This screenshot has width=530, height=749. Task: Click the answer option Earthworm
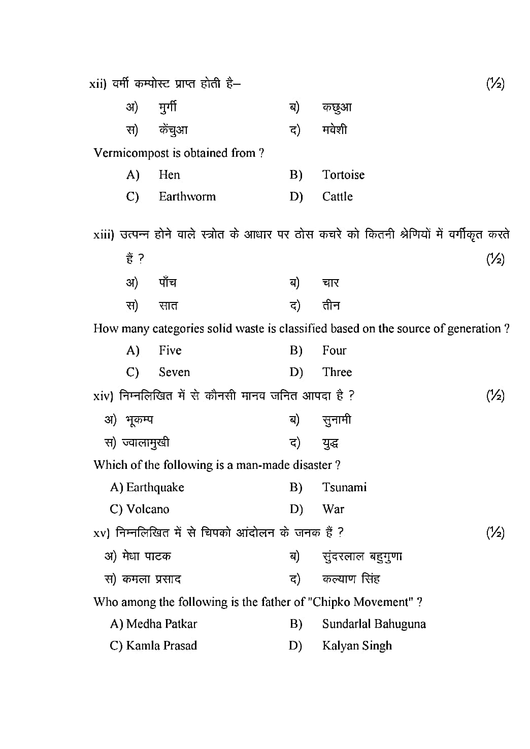[187, 197]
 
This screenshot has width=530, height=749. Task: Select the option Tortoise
[343, 175]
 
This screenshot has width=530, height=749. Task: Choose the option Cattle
[337, 197]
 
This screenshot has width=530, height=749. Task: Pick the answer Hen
[169, 175]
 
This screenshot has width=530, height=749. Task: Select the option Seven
[174, 372]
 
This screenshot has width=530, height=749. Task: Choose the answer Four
[334, 351]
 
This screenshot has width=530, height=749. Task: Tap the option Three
[337, 372]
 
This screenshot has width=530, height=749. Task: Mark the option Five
[170, 351]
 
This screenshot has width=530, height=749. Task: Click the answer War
[333, 509]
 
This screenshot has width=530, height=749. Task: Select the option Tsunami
[344, 488]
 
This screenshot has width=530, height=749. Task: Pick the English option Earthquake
[155, 488]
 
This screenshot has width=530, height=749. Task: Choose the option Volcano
[148, 509]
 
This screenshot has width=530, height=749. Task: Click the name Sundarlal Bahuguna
[374, 624]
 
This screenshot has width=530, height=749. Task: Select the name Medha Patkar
[161, 624]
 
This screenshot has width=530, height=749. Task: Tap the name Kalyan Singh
[357, 646]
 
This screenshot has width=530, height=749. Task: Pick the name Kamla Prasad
[161, 646]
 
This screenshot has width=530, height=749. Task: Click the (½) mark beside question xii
[495, 84]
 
